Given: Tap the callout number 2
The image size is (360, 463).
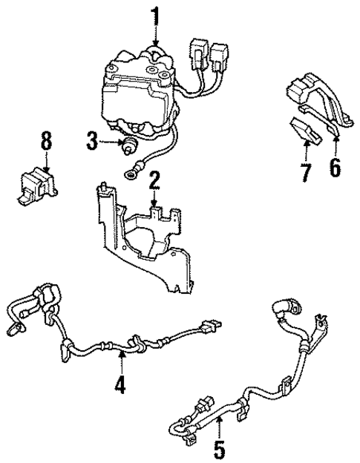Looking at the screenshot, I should [x=154, y=180].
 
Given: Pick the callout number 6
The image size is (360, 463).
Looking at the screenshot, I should [x=335, y=168].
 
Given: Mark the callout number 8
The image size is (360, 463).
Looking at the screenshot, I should [x=47, y=140].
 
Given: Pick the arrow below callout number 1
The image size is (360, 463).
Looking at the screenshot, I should [x=156, y=37].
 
